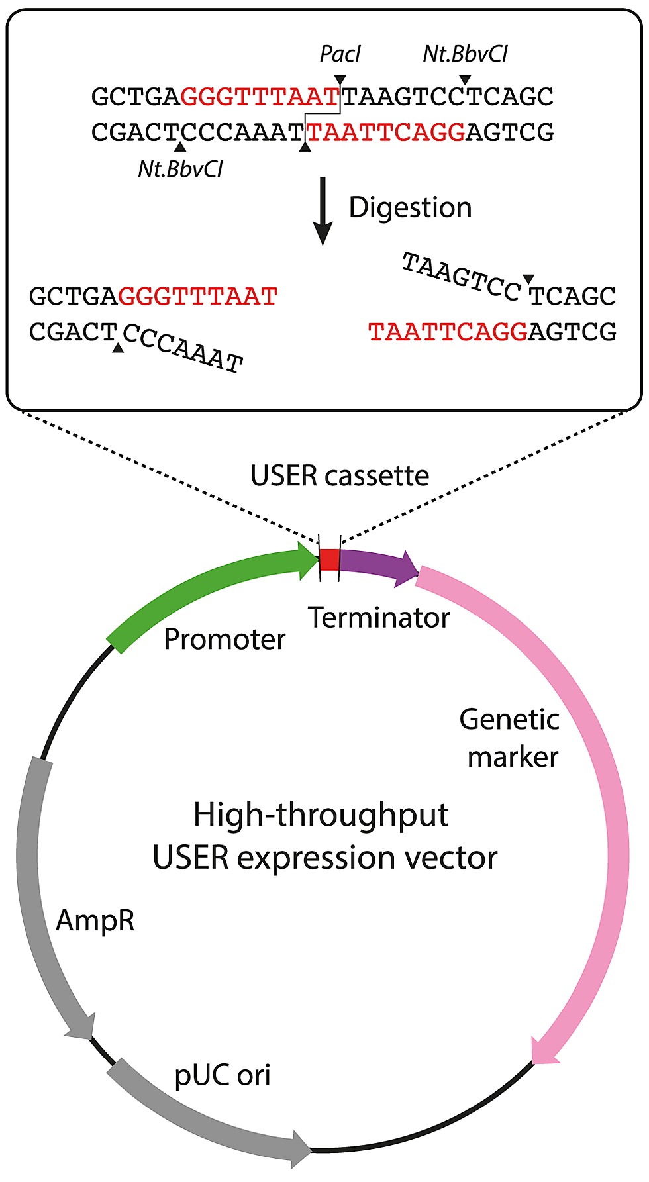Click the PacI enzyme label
pos(340,54)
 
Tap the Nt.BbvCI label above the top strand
pos(465,54)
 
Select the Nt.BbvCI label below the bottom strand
pos(180,170)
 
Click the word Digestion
pos(410,207)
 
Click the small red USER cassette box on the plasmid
pos(329,560)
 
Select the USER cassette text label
pos(339,475)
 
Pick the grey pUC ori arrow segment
pos(199,1119)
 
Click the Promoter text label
pos(225,639)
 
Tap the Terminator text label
pos(379,618)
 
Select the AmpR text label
pos(95,920)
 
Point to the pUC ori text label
pos(223,1075)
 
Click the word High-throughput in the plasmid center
pos(321,814)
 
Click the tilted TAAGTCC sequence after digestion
pos(462,277)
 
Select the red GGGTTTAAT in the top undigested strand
pos(260,97)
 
